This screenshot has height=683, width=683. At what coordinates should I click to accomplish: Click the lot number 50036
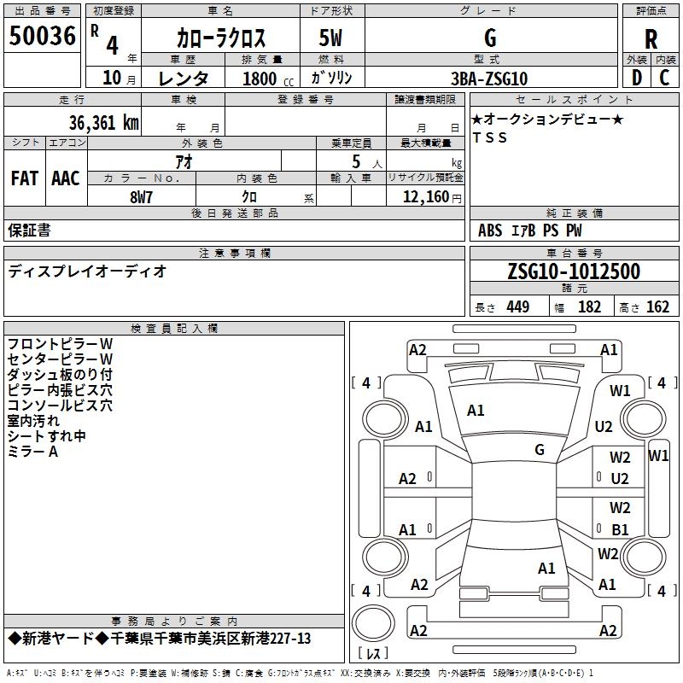point(42,38)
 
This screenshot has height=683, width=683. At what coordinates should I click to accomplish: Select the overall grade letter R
point(651,38)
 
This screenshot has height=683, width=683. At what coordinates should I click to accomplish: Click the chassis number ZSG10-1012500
point(574,271)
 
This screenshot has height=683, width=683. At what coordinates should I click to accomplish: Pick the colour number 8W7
point(142,197)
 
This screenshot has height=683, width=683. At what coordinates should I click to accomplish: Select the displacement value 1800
point(260,79)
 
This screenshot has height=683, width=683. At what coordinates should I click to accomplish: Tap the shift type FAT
point(25,178)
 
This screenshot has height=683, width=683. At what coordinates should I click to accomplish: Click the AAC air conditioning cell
point(66,178)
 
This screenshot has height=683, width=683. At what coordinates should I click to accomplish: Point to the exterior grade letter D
point(636,79)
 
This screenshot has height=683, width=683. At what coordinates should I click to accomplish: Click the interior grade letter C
point(664,79)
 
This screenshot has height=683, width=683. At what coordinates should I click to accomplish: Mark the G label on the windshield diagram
point(540,450)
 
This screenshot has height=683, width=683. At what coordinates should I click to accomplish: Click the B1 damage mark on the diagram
point(620,529)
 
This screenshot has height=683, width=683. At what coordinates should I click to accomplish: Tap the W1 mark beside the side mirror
point(658,455)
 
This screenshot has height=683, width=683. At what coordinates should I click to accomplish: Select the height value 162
point(657,306)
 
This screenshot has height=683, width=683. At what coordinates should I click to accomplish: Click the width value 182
point(589,306)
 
